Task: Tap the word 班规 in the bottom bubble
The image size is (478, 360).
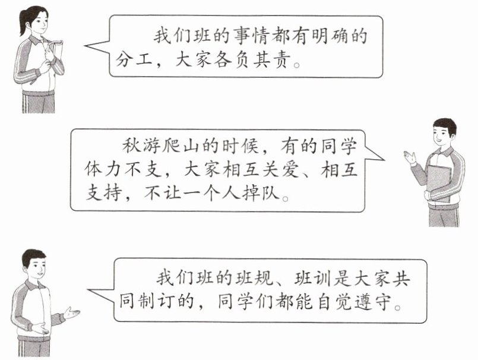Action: click(258, 278)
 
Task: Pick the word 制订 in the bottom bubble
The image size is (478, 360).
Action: click(160, 303)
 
